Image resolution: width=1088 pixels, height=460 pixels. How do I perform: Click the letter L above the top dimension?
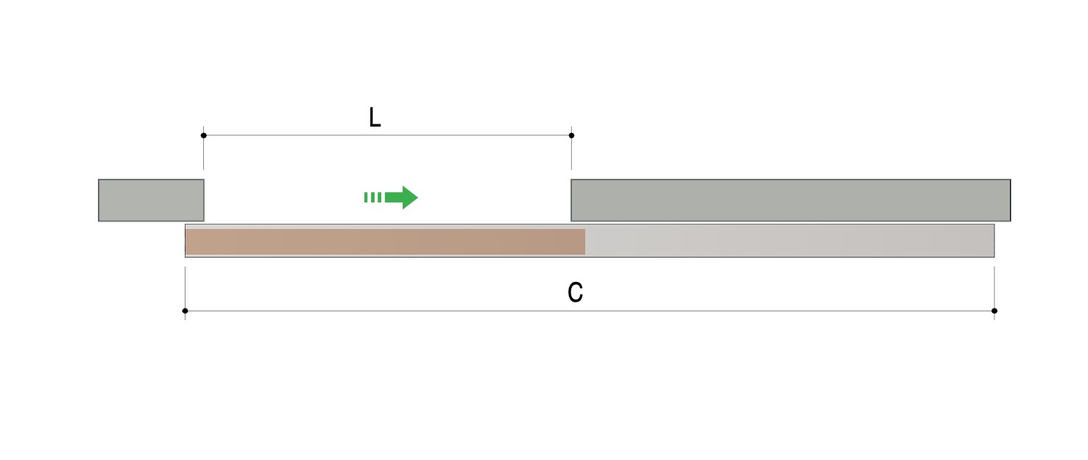click(375, 118)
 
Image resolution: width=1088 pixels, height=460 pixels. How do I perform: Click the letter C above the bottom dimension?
click(575, 292)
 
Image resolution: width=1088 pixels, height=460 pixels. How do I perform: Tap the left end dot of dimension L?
click(203, 135)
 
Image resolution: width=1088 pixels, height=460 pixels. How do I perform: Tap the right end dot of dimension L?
click(572, 135)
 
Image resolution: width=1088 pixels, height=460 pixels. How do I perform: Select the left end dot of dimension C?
click(185, 311)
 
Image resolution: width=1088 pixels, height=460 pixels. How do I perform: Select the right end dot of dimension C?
click(995, 311)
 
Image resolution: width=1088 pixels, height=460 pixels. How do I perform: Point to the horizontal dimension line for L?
click(388, 135)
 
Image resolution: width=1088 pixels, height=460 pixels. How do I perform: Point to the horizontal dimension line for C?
click(590, 311)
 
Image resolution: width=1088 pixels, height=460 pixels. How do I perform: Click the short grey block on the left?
click(151, 200)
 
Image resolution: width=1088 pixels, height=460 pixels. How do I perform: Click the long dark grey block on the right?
click(791, 200)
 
